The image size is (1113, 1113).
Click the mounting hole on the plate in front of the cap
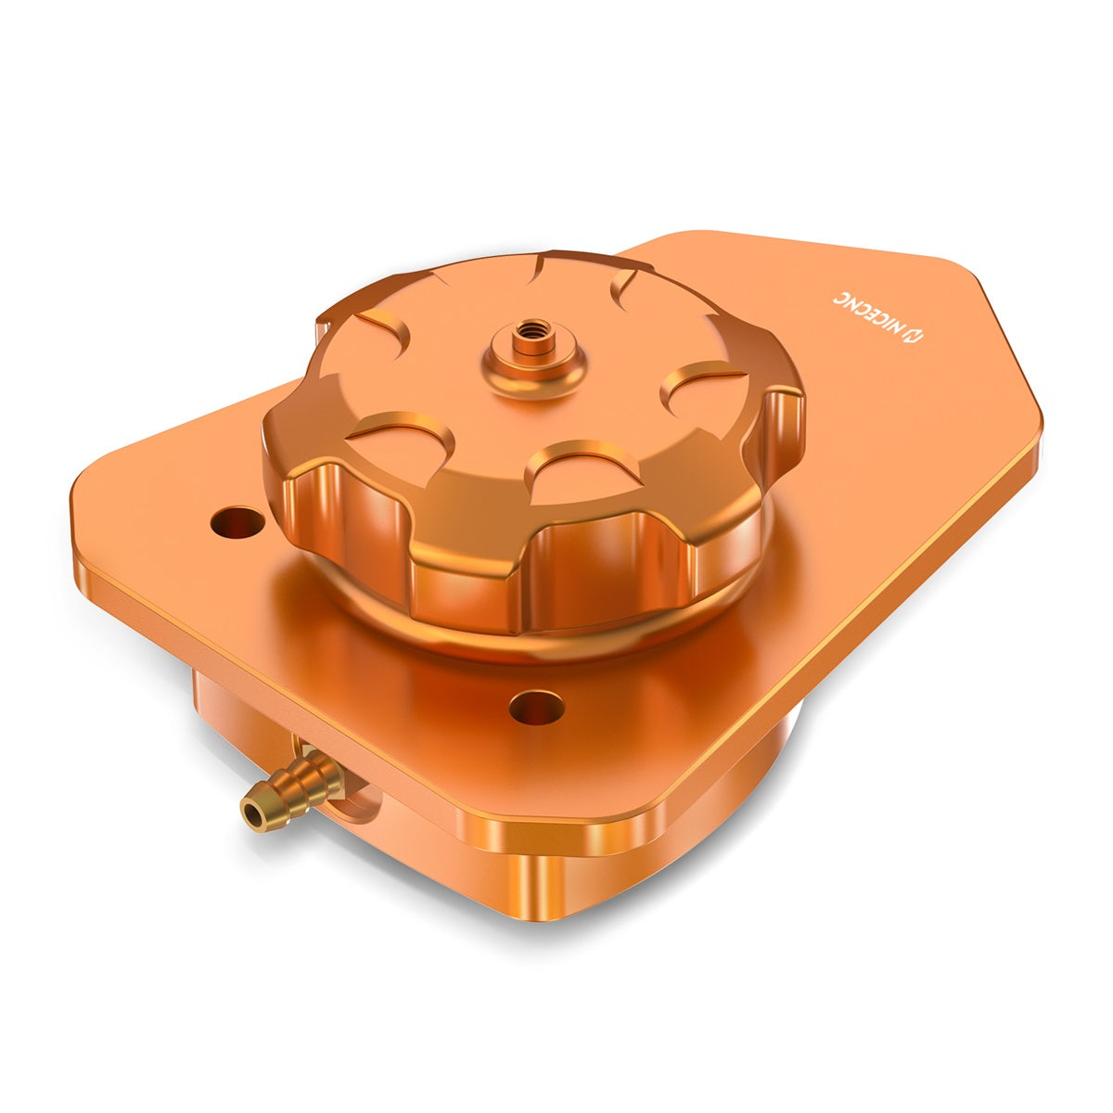(x=537, y=709)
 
